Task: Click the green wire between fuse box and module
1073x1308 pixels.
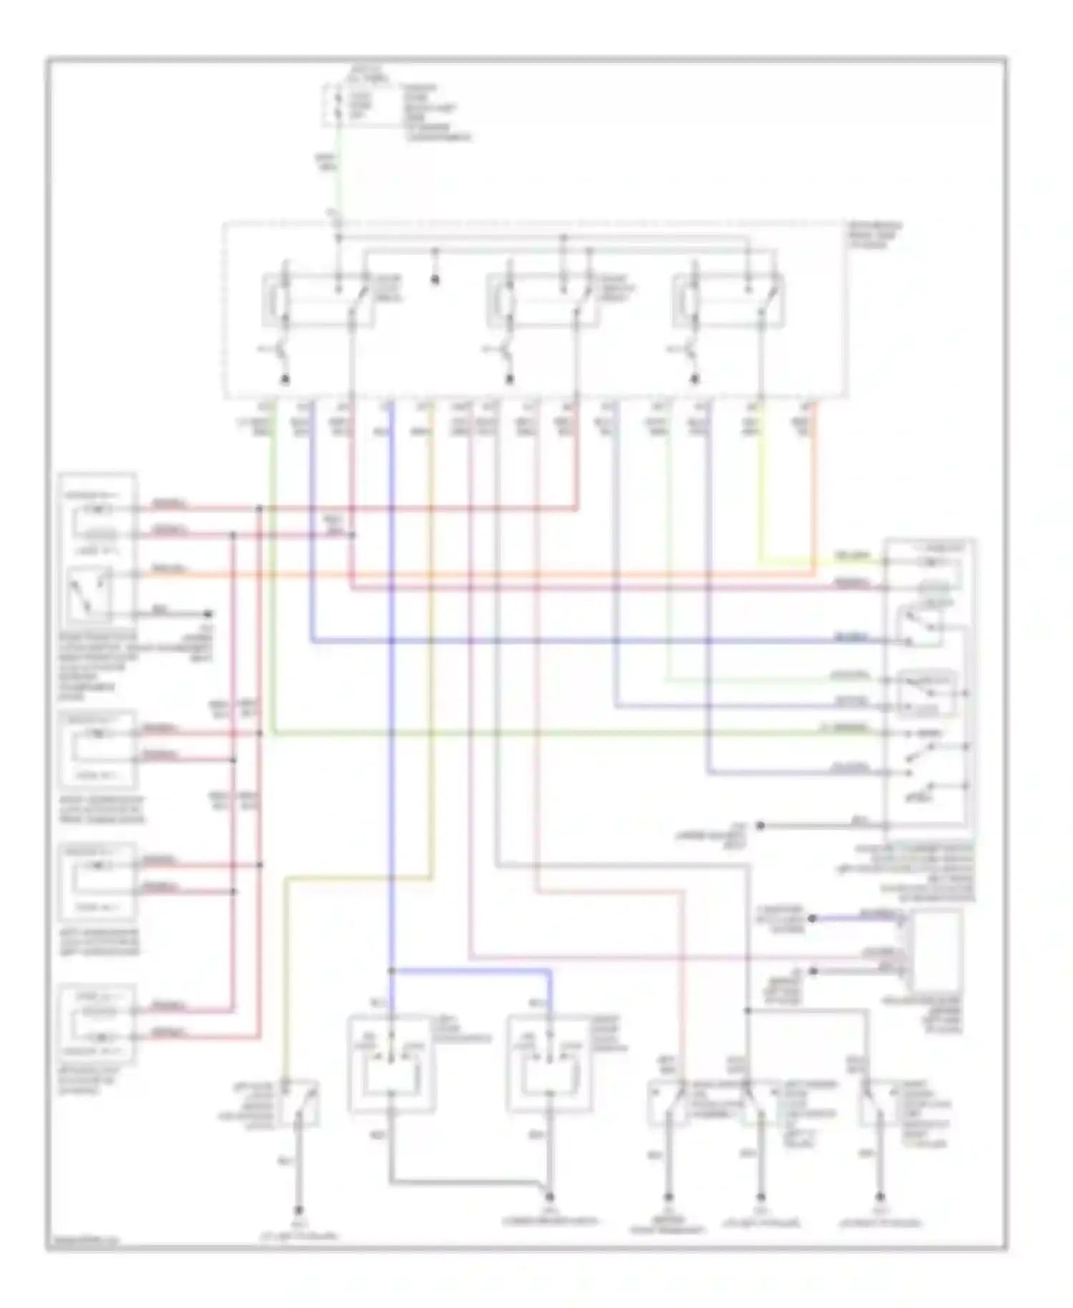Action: pyautogui.click(x=338, y=179)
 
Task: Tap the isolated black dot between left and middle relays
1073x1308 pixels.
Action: pyautogui.click(x=434, y=280)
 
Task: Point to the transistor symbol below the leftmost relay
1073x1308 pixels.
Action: pyautogui.click(x=281, y=351)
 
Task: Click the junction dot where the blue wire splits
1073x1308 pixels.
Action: pyautogui.click(x=391, y=971)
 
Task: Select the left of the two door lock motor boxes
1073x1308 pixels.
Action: pyautogui.click(x=391, y=1064)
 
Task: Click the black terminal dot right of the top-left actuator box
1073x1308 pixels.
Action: pyautogui.click(x=208, y=614)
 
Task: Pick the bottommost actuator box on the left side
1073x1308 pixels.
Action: pyautogui.click(x=97, y=1023)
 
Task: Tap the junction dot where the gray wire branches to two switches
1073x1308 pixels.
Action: pyautogui.click(x=747, y=1010)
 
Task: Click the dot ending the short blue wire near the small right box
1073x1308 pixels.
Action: pyautogui.click(x=812, y=918)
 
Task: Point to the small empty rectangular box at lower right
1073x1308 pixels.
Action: pyautogui.click(x=936, y=952)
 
